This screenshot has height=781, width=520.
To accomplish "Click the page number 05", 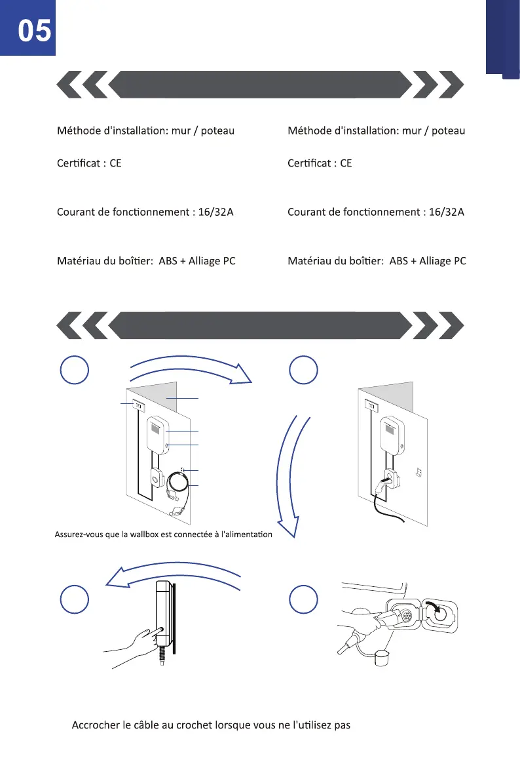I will tap(35, 31).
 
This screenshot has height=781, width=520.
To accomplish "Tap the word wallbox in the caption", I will tap(153, 534).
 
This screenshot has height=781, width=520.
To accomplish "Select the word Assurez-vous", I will tap(77, 534).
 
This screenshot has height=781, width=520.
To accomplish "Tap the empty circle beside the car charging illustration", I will tap(304, 599).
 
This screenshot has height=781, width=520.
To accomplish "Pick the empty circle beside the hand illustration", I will tap(74, 599).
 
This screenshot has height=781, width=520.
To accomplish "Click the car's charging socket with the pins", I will tap(406, 616).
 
